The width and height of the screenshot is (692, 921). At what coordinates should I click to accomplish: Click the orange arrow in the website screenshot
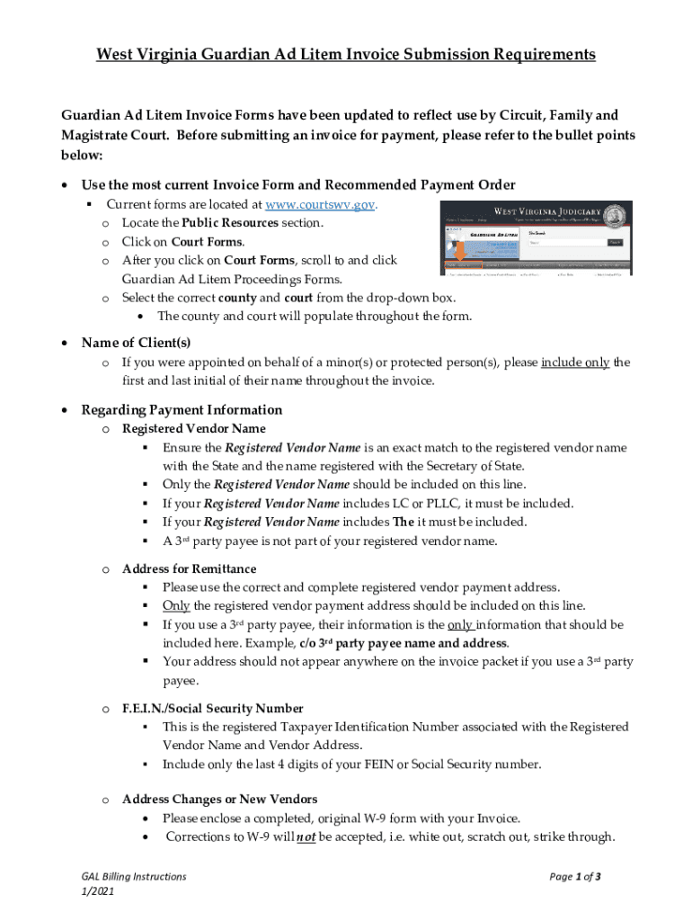click(459, 253)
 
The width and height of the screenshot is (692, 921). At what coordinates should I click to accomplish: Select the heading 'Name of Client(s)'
click(136, 343)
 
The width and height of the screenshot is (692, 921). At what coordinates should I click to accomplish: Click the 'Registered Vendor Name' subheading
click(193, 428)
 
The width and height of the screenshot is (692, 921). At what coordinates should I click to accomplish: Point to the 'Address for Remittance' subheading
click(189, 568)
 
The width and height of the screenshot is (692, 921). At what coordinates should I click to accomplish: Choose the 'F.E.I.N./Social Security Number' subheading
click(212, 708)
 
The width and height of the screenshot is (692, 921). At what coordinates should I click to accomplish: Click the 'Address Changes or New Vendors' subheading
click(219, 799)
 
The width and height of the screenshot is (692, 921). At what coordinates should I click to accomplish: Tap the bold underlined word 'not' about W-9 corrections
click(305, 836)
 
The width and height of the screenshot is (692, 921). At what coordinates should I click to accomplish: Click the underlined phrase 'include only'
click(575, 362)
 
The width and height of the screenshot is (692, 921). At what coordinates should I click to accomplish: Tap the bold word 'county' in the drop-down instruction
click(238, 298)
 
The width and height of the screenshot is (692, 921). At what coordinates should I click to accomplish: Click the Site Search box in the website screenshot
click(566, 242)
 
